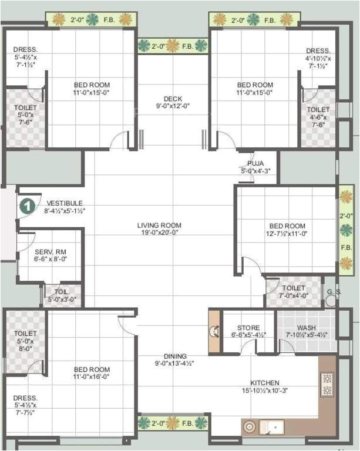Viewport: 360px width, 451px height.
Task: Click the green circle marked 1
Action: (27, 206)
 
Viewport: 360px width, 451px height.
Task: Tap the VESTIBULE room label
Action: (65, 203)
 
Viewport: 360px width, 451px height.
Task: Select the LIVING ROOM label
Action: (159, 225)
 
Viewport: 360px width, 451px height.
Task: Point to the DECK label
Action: (173, 98)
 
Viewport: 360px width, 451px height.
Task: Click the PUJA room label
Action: (255, 163)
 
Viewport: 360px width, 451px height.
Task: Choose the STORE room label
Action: (248, 327)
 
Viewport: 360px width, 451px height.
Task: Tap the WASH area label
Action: (306, 327)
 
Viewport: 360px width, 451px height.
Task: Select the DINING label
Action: (175, 356)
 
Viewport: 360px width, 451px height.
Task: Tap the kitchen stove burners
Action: (327, 384)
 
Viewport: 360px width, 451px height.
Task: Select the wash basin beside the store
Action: (214, 331)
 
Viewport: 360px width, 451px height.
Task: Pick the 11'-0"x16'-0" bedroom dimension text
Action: (91, 377)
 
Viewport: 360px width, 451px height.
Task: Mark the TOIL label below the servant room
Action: (61, 291)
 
